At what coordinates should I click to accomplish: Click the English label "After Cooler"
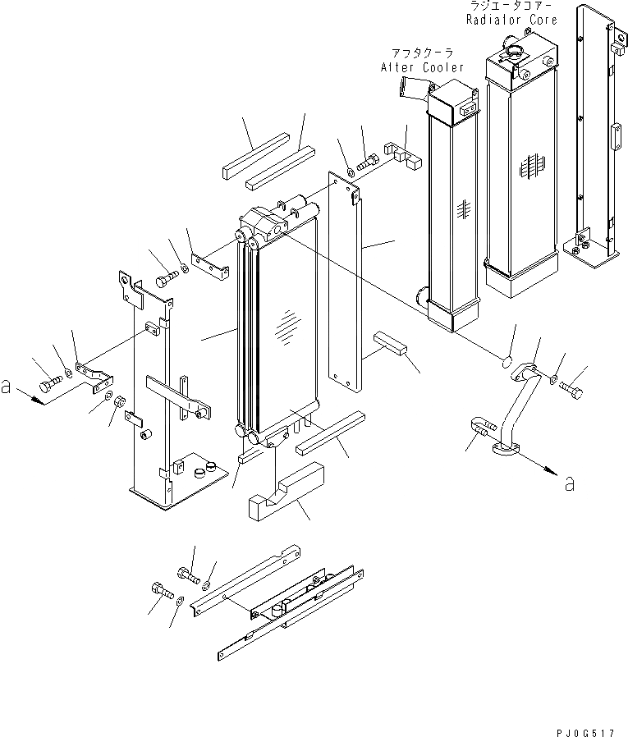click(x=422, y=67)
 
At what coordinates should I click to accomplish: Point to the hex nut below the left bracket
click(x=117, y=402)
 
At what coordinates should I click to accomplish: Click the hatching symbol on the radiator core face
click(x=531, y=169)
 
